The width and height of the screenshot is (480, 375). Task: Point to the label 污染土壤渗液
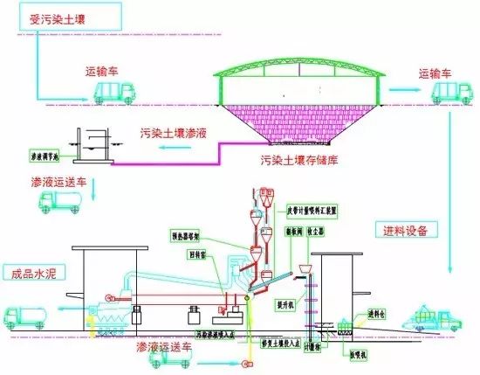tap(177, 131)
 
